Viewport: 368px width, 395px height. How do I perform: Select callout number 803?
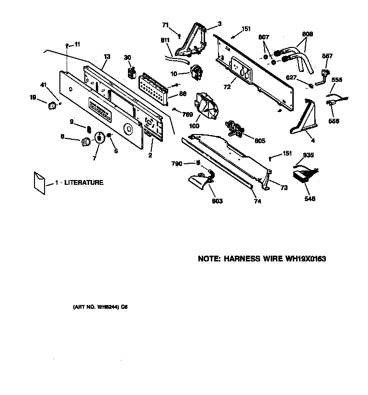[x=217, y=201]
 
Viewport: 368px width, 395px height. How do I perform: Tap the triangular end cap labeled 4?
[x=303, y=120]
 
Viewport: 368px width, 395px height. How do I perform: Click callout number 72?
[x=227, y=87]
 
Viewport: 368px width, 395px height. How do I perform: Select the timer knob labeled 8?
[x=85, y=141]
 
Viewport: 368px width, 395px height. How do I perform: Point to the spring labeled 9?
[x=88, y=128]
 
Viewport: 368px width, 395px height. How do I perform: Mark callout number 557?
[x=327, y=56]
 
